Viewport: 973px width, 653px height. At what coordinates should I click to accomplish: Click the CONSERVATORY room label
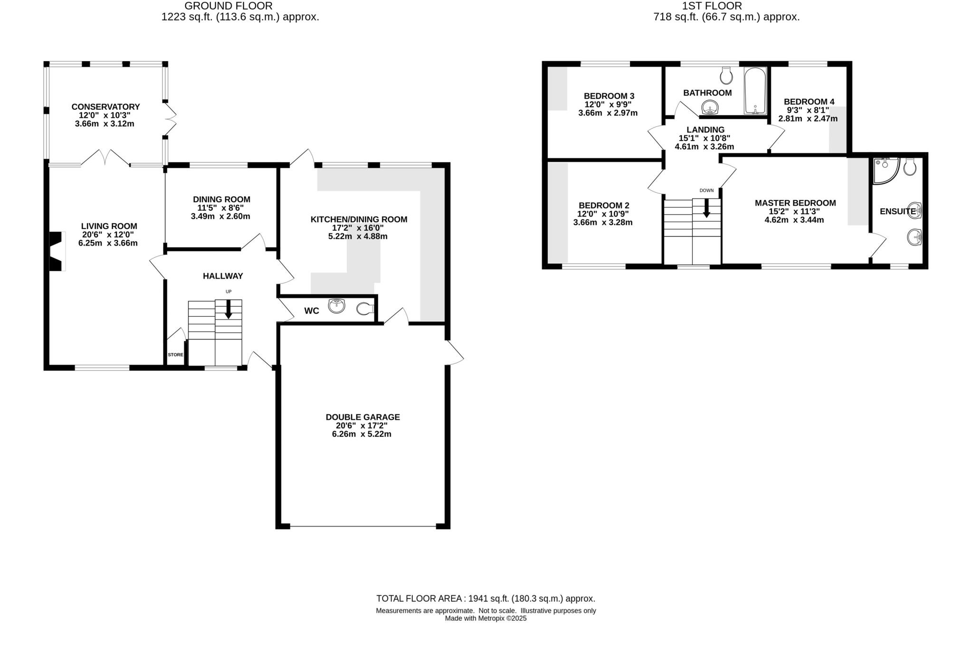(x=105, y=107)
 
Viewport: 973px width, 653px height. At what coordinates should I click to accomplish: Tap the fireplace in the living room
(x=56, y=251)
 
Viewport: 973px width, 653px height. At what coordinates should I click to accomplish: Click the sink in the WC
(x=336, y=306)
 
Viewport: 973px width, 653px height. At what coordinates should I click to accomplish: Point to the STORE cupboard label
(x=175, y=355)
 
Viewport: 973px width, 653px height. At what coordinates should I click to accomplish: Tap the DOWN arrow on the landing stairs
(x=706, y=208)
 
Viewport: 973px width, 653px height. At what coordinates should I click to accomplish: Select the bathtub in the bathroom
(x=755, y=91)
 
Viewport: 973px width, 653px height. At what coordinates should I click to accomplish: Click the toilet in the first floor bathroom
(x=726, y=75)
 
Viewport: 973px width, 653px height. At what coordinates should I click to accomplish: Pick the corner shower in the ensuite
(x=885, y=170)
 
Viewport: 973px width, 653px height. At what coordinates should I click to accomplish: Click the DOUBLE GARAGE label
(x=362, y=417)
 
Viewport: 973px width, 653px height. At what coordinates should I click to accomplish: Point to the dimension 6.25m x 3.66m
(x=108, y=243)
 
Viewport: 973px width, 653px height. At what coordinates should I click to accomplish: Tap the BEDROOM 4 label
(x=809, y=102)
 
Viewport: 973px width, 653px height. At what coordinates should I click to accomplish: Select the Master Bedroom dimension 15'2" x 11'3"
(x=794, y=211)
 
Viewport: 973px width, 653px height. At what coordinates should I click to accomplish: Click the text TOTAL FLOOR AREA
(x=418, y=599)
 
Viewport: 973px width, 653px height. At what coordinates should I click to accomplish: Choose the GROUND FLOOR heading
(x=228, y=6)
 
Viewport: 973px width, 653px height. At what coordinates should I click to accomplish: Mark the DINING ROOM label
(x=221, y=199)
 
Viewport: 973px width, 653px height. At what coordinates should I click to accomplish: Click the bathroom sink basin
(x=710, y=109)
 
